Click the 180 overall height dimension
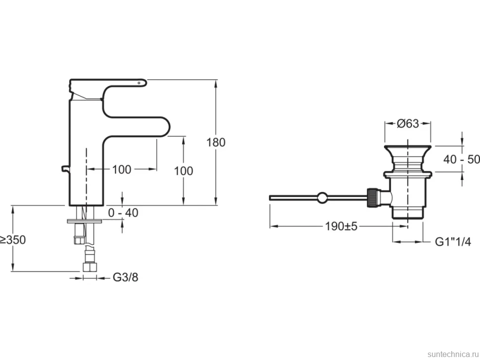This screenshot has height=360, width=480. tap(216, 142)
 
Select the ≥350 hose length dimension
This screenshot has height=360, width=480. tap(12, 240)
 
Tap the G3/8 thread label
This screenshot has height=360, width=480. tap(126, 277)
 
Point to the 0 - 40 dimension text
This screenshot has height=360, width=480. tap(123, 213)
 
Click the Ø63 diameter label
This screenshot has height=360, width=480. tap(408, 124)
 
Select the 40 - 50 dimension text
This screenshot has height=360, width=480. tap(461, 159)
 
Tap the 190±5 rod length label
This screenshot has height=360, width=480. tap(341, 226)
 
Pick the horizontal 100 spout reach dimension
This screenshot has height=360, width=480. tap(122, 169)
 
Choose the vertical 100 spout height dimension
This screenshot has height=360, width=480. tap(184, 171)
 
